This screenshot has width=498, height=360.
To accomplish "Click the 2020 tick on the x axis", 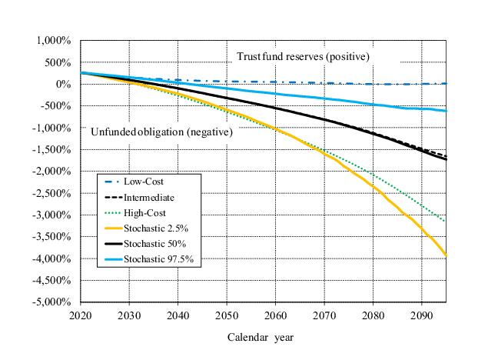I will tap(80, 315).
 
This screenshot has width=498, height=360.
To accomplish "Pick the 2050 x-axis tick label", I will tap(227, 315).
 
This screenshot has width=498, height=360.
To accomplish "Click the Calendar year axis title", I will tap(261, 337).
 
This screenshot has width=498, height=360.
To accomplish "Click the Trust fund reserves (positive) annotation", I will tap(303, 57).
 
